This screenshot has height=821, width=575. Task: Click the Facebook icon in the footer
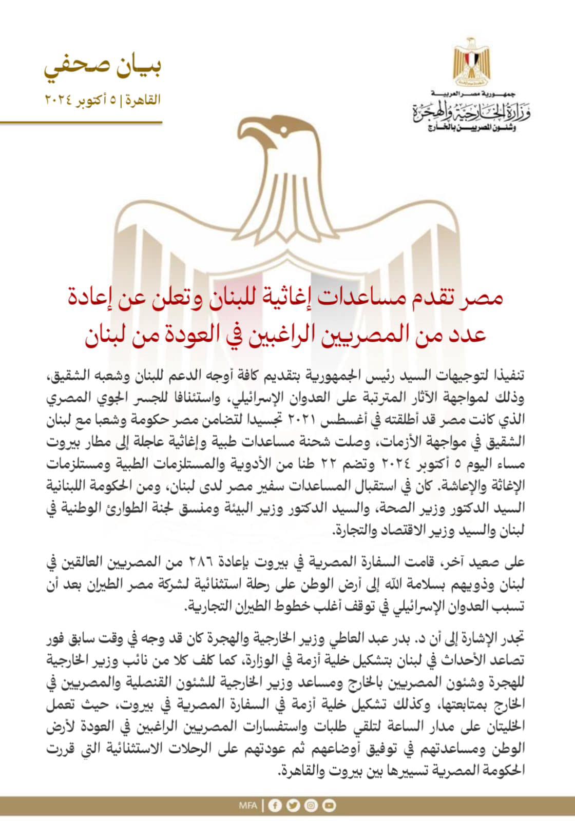click(275, 806)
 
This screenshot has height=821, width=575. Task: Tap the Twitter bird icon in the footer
click(293, 806)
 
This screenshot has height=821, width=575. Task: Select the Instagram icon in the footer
click(311, 806)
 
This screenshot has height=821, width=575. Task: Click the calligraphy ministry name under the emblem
click(471, 111)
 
